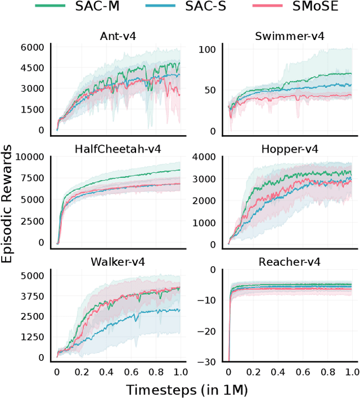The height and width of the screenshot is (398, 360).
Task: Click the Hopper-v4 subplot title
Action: click(x=290, y=149)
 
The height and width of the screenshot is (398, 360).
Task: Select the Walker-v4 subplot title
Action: click(x=119, y=261)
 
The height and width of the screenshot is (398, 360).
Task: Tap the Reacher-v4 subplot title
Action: click(x=290, y=261)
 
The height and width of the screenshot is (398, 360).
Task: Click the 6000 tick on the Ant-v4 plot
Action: click(x=33, y=48)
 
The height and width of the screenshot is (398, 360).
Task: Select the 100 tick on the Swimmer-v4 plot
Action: click(x=209, y=50)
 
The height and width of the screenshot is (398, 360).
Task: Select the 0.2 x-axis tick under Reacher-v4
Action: click(x=253, y=372)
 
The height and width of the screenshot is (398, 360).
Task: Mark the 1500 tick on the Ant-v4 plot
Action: click(x=33, y=109)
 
